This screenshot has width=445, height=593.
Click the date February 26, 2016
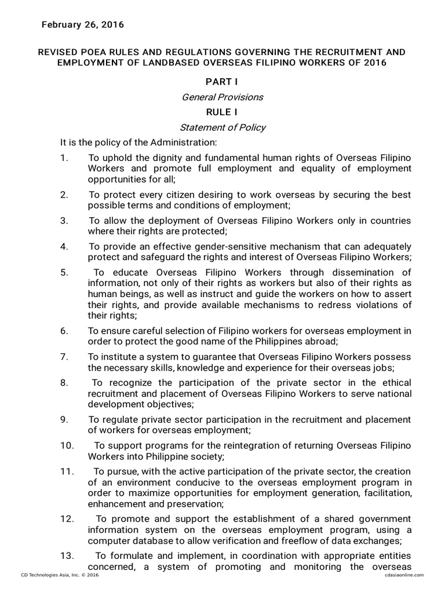tap(82, 25)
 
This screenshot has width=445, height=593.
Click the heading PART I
tap(222, 82)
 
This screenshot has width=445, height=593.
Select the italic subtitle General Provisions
tap(222, 97)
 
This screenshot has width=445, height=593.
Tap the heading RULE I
tap(222, 112)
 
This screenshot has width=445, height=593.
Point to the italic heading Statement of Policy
tap(222, 127)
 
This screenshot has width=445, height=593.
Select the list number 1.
tap(64, 158)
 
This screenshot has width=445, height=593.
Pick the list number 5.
tap(64, 273)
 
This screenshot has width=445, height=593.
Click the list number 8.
tap(64, 383)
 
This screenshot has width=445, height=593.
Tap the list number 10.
tap(67, 445)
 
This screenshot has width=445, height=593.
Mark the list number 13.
tap(67, 556)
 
